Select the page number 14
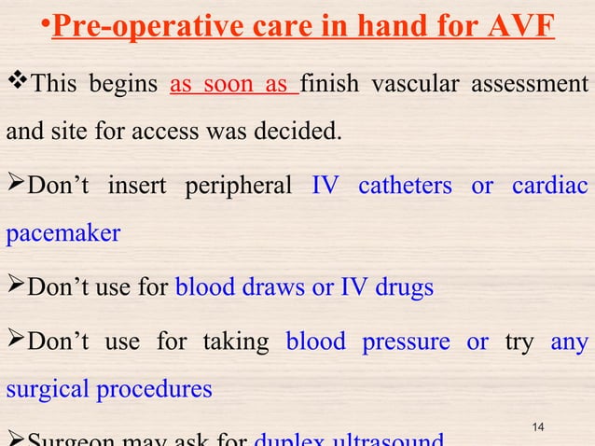point(537,426)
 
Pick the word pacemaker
point(63,233)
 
